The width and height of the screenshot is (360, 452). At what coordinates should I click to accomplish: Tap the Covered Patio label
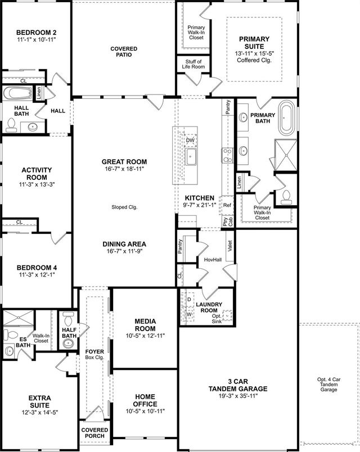(124, 52)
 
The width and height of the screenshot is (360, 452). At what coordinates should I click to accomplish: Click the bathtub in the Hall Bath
(17, 93)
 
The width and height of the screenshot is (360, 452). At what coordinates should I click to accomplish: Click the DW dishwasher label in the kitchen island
(190, 140)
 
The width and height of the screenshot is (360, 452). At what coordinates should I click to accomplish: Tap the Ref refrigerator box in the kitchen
(228, 206)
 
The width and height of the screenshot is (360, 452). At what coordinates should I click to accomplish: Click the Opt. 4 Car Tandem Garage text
(328, 386)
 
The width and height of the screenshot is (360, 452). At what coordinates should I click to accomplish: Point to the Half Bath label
(69, 333)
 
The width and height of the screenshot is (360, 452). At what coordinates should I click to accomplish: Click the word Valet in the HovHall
(230, 245)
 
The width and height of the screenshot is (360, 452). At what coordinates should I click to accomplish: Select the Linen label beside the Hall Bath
(39, 93)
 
